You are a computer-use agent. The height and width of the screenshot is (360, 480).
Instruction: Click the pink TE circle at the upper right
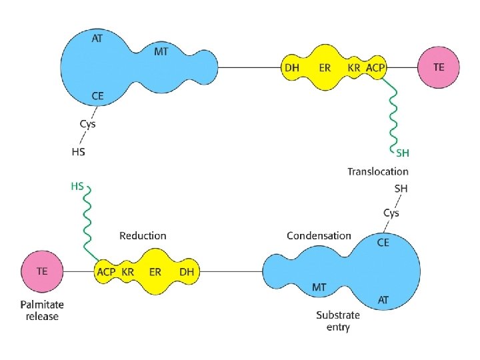[439, 67]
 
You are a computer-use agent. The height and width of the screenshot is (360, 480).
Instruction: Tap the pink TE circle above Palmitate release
[41, 271]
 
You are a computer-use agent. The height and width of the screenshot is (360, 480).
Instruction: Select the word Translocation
[377, 171]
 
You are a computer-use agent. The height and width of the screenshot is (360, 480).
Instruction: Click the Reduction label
[143, 235]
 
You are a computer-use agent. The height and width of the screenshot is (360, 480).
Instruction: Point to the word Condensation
[319, 235]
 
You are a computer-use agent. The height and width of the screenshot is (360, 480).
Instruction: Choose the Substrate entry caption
[338, 321]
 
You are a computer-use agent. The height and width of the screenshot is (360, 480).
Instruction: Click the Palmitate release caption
[42, 310]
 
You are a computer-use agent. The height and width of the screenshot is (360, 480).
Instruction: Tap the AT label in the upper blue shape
[98, 39]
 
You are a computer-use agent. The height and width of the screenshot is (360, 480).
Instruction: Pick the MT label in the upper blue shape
[161, 51]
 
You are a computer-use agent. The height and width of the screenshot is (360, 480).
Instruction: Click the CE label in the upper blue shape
[98, 97]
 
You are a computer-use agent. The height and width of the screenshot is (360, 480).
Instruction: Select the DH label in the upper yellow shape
[291, 67]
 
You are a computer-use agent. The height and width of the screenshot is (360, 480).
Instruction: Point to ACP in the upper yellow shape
[375, 67]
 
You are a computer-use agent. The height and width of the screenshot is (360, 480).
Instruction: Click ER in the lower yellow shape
[155, 272]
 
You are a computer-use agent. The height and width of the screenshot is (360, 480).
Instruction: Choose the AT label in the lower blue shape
[383, 300]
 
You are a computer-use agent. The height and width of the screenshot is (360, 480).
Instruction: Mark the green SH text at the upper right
[402, 153]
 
